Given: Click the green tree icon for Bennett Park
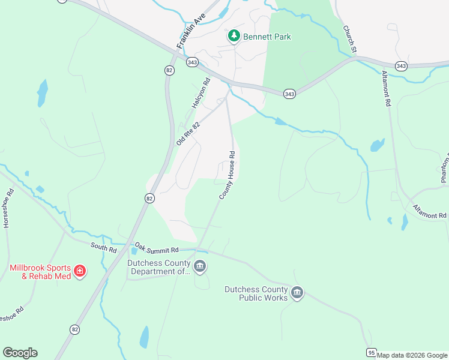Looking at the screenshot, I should click(234, 37).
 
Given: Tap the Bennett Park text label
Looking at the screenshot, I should click(267, 37).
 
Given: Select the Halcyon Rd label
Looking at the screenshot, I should click(201, 93).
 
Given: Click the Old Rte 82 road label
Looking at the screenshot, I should click(188, 131).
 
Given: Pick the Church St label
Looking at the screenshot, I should click(350, 38).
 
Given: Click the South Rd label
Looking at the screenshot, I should click(104, 247).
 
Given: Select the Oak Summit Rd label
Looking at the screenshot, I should click(157, 249).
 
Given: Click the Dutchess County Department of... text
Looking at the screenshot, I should click(159, 267).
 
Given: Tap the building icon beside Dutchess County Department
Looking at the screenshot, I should click(200, 266).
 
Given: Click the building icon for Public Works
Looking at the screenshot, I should click(297, 293).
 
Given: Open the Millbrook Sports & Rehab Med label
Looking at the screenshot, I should click(40, 272).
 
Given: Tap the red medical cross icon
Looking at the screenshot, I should click(79, 272).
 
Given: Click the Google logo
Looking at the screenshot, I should click(20, 353).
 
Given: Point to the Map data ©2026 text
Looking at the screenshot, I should click(412, 355).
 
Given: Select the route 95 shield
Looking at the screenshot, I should click(372, 352).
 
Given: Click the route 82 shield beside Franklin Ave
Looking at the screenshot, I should click(169, 70).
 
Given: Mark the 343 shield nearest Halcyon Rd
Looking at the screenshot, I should click(193, 62).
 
